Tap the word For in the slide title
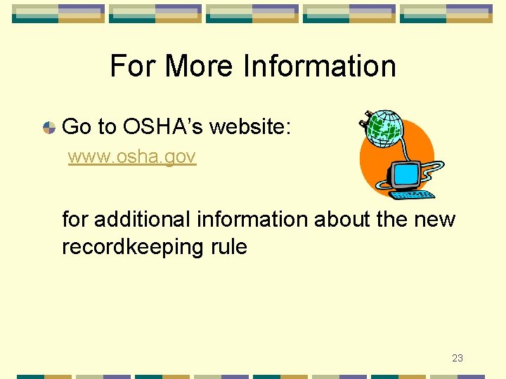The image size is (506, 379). point(134,67)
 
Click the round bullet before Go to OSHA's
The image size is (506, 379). point(49,128)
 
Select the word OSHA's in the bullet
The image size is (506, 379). point(163,127)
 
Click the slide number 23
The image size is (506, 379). point(457,358)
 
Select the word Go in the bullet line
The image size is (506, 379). point(77,127)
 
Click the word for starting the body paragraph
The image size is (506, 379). point(76,220)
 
